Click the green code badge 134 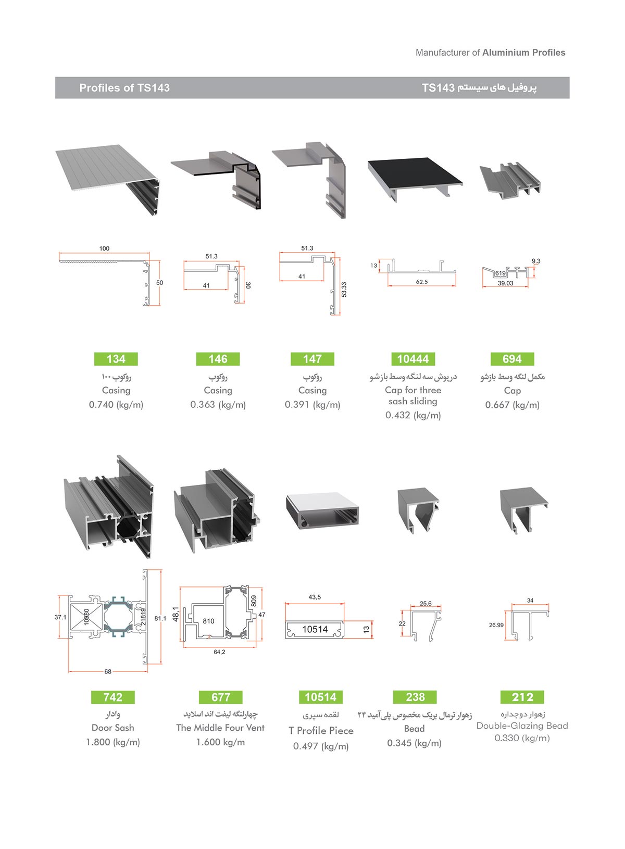[x=116, y=359]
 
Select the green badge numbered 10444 [x=413, y=359]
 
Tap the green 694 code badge [x=512, y=359]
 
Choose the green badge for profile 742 [x=113, y=697]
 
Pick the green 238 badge [x=415, y=697]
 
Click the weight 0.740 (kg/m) [x=116, y=405]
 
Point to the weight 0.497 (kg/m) [x=321, y=746]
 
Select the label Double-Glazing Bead [x=522, y=726]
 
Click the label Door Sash [x=113, y=728]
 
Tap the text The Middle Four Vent [x=220, y=728]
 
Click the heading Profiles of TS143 [x=124, y=88]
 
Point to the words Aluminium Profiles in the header [x=523, y=53]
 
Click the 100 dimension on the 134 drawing [x=104, y=248]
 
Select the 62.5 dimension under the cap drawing [x=422, y=282]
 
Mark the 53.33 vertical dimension [x=344, y=290]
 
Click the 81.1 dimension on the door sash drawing [x=160, y=618]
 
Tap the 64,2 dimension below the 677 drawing [x=219, y=652]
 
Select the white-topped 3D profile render [x=323, y=511]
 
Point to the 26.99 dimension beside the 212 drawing [x=496, y=625]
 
